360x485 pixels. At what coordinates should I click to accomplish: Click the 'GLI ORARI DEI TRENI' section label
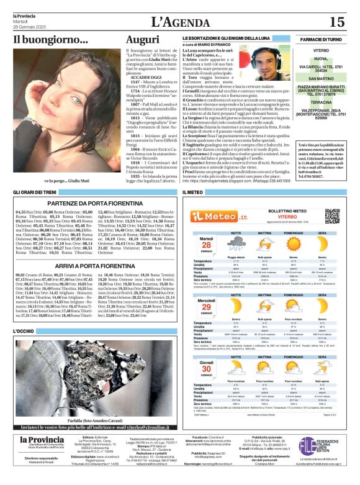click(x=35, y=193)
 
